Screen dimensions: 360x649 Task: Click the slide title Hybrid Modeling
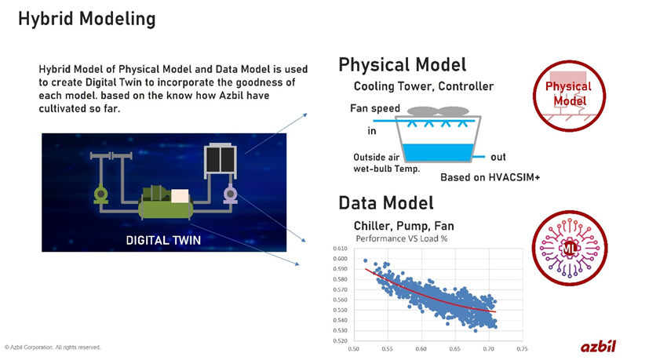pyautogui.click(x=86, y=19)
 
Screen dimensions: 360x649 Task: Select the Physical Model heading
pyautogui.click(x=402, y=64)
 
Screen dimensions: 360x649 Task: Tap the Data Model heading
pyautogui.click(x=385, y=203)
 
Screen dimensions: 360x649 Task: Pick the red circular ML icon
pyautogui.click(x=569, y=249)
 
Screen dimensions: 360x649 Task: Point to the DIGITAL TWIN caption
pyautogui.click(x=159, y=239)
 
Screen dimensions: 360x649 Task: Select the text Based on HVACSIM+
pyautogui.click(x=490, y=178)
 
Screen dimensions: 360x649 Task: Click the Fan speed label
pyautogui.click(x=374, y=108)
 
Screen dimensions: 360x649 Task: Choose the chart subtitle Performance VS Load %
pyautogui.click(x=401, y=238)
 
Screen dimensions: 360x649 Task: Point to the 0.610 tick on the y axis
pyautogui.click(x=339, y=249)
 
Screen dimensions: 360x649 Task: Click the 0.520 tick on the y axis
pyautogui.click(x=339, y=340)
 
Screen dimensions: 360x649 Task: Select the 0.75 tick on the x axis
pyautogui.click(x=522, y=348)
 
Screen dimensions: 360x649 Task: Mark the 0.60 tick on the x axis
pyautogui.click(x=421, y=348)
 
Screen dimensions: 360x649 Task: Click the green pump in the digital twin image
pyautogui.click(x=100, y=193)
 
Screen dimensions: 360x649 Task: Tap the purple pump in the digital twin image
pyautogui.click(x=231, y=193)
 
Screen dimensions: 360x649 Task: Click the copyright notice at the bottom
pyautogui.click(x=53, y=347)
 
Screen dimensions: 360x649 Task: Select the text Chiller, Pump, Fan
pyautogui.click(x=403, y=225)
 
